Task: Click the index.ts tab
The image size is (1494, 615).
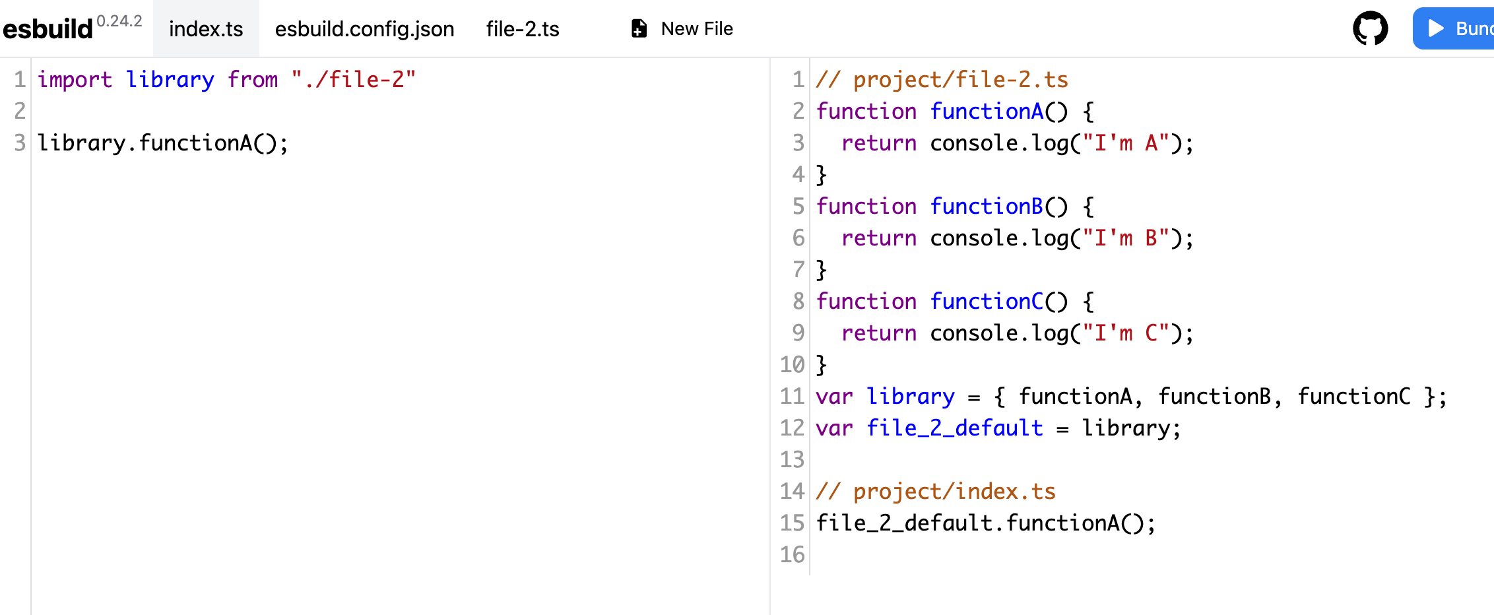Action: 206,29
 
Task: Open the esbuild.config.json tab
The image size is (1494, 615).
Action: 364,29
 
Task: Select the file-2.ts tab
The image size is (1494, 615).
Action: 523,29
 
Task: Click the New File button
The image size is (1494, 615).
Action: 682,29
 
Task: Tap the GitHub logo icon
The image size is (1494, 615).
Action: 1370,28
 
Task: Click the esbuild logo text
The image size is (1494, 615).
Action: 48,29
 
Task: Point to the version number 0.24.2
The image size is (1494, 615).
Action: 119,21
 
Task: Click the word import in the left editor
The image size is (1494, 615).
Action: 75,80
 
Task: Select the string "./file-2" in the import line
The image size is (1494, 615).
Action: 354,80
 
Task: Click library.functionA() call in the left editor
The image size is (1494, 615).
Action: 162,143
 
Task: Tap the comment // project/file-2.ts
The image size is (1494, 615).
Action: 942,80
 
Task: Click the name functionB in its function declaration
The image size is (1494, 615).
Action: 987,207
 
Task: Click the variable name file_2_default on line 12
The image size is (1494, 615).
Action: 955,428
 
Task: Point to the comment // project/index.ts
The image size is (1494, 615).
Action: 936,492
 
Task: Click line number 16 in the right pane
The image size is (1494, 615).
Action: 792,555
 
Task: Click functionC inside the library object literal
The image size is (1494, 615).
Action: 1353,397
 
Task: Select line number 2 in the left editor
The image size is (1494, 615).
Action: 20,112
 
